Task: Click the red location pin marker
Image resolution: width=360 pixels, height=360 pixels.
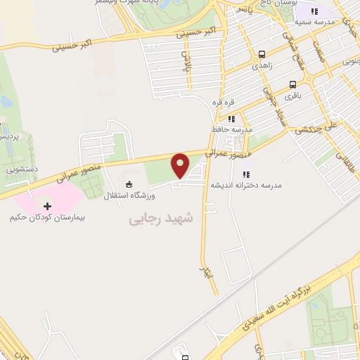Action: coord(181,165)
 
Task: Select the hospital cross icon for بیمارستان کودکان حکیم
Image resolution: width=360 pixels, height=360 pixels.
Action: coord(48,206)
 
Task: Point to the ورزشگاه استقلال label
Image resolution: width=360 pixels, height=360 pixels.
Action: coord(131,194)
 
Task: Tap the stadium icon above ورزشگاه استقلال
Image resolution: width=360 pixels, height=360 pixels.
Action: coord(128,184)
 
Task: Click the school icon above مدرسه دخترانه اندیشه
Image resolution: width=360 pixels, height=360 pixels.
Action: coord(246,174)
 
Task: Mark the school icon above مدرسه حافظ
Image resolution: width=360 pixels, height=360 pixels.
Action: coord(231,119)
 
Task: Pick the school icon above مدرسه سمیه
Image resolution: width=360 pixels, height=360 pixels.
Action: coord(315,11)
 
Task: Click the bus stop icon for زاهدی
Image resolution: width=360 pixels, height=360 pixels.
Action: coord(262,54)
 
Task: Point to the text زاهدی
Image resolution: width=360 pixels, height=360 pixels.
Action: coord(262,64)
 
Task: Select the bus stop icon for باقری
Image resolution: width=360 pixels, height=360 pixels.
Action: coord(292,82)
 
